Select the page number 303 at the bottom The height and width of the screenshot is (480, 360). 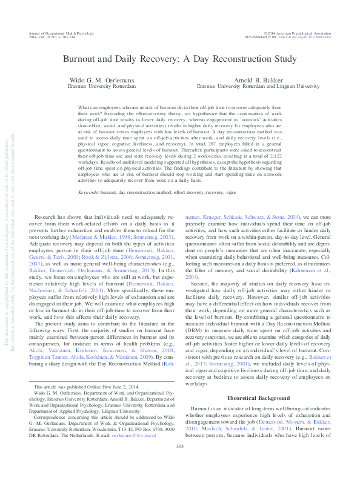pyautogui.click(x=179, y=464)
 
